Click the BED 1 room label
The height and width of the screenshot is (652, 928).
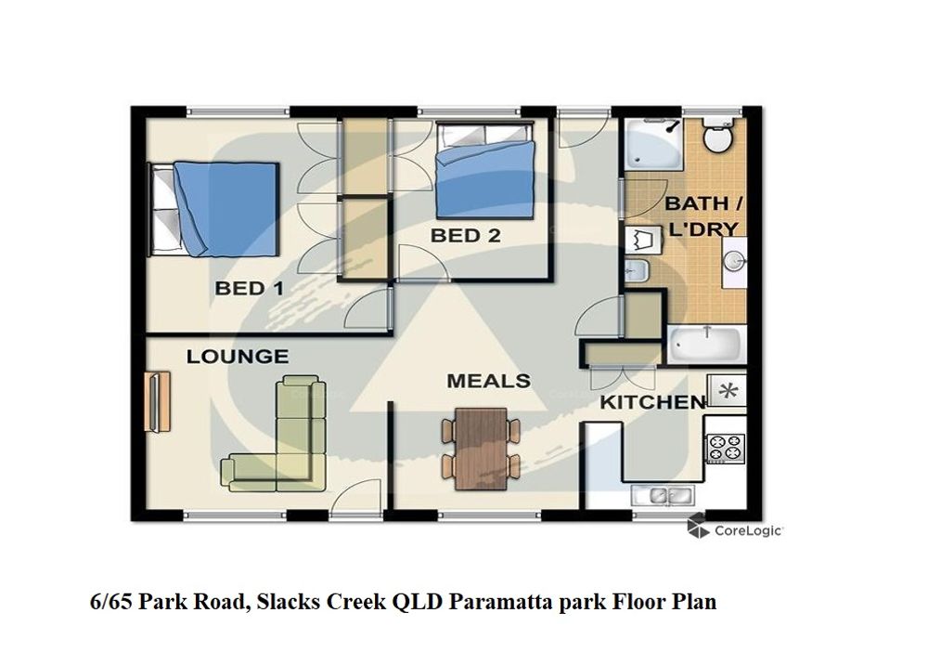click(249, 289)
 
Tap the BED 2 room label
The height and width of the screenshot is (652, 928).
click(465, 236)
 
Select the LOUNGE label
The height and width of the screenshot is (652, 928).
click(238, 357)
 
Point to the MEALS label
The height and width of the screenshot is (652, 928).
click(488, 381)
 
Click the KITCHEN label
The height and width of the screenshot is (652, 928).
click(652, 403)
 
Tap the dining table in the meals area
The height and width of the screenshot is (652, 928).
click(481, 449)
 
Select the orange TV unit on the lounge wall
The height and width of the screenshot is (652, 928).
click(158, 401)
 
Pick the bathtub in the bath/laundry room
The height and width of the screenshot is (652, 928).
click(706, 344)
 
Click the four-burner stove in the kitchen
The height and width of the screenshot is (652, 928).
click(726, 449)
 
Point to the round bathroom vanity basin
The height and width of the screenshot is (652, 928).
click(734, 261)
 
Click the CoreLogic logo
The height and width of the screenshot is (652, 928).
click(735, 528)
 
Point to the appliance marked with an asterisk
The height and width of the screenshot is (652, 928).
click(728, 391)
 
